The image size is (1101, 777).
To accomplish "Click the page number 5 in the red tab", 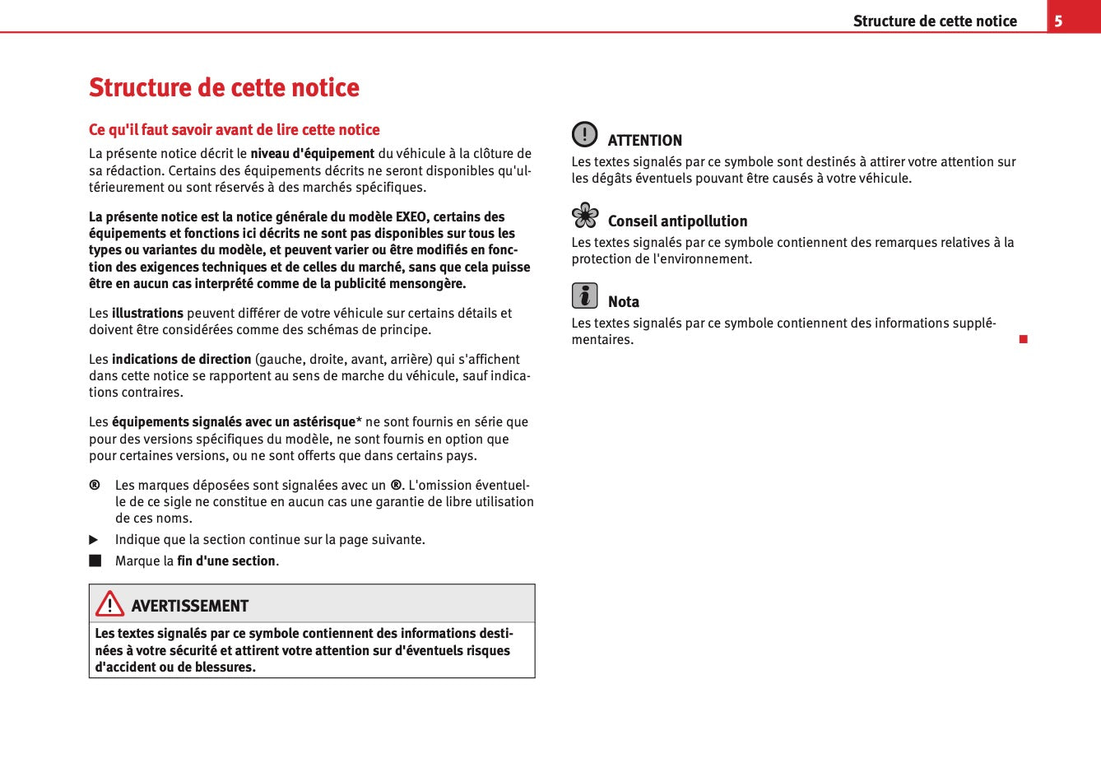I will point(1058,21).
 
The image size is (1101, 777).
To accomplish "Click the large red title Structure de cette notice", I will point(224,87).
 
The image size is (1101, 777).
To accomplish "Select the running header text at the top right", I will point(934,21).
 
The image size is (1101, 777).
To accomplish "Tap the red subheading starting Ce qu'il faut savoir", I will point(234,130).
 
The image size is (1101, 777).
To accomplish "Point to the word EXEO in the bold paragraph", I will point(411,217).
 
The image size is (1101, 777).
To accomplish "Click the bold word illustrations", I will point(147,314).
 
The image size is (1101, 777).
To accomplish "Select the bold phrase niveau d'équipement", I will point(312,154).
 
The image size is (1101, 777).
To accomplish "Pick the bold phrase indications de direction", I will point(181,360).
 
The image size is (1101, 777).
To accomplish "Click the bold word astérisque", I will point(318,422).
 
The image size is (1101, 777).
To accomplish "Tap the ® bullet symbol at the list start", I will point(95,485).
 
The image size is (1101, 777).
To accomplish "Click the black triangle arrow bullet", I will point(94,540).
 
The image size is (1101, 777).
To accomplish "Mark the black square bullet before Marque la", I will point(95,561).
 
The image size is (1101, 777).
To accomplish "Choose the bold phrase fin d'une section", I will point(226,561).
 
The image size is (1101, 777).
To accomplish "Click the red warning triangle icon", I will point(109,604).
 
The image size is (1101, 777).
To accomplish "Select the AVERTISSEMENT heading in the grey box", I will point(189,607).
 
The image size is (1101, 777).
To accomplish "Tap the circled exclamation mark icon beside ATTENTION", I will point(584,134).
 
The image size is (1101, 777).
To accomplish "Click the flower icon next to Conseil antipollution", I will point(585,215).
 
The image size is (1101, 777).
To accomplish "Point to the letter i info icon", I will point(584,295).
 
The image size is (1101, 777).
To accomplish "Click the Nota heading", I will point(623,302).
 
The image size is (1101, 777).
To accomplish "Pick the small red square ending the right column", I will point(1023,339).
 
